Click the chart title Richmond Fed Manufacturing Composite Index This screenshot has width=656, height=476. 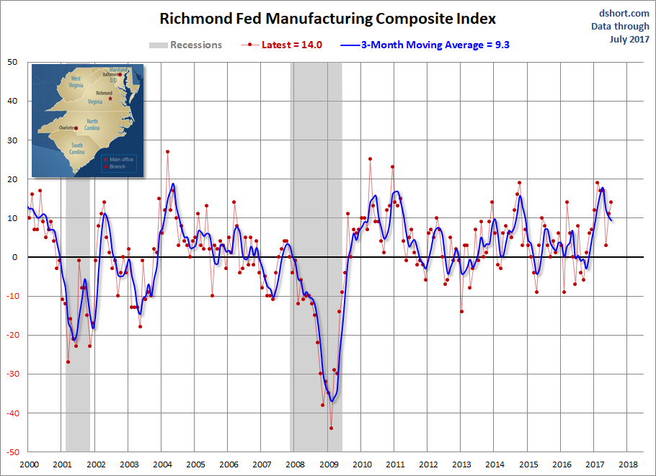click(327, 18)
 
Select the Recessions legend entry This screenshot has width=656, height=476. click(186, 45)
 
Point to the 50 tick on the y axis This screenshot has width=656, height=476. click(14, 62)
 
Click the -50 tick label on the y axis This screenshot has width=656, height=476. click(12, 452)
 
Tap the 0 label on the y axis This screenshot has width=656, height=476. click(17, 257)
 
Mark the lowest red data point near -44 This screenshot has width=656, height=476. click(331, 428)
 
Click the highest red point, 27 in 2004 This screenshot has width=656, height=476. click(167, 152)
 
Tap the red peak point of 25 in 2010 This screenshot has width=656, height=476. click(370, 159)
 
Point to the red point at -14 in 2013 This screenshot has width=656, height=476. click(461, 311)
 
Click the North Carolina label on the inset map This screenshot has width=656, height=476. click(92, 125)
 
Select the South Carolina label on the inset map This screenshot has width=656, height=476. click(76, 149)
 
